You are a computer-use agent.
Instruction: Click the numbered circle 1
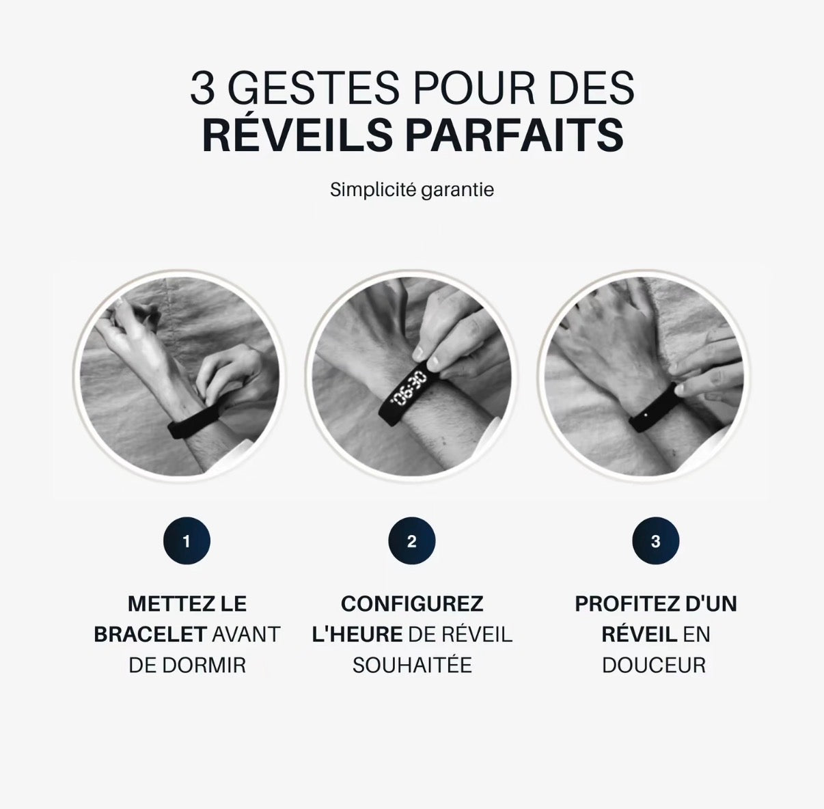[x=187, y=542]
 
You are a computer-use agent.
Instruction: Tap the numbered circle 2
[x=411, y=542]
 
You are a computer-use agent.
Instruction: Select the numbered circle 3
[x=655, y=542]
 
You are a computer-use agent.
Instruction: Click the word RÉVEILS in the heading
[x=297, y=135]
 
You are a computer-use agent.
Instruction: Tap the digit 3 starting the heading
[x=202, y=89]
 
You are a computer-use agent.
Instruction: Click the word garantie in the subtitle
[x=457, y=189]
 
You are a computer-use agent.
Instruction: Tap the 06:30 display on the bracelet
[x=408, y=388]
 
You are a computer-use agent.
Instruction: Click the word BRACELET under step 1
[x=150, y=634]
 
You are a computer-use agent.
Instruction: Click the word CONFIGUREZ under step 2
[x=412, y=604]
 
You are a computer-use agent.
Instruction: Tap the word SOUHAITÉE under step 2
[x=412, y=665]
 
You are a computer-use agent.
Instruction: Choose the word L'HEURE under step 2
[x=357, y=634]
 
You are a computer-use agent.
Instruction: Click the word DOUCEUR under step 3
[x=654, y=665]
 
